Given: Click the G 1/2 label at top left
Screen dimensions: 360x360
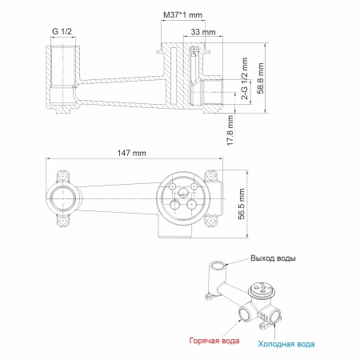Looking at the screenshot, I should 62,31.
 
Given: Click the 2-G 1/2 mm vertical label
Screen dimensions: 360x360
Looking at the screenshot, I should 245,78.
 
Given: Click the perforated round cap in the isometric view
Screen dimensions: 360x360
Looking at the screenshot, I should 261,289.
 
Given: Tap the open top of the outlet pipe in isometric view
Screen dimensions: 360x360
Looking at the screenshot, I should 218,266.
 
